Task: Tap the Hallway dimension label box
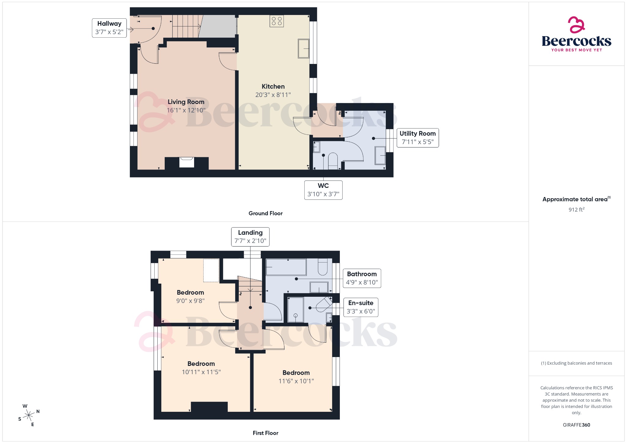[109, 28]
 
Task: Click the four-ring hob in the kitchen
[276, 21]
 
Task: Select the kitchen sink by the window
[303, 48]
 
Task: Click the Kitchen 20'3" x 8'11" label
[273, 91]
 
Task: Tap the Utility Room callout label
[417, 138]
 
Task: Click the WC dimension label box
[323, 190]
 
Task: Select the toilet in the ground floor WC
[333, 161]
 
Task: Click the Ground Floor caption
[265, 213]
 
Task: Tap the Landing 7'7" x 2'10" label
[250, 236]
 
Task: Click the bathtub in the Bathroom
[286, 267]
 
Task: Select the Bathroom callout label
[362, 278]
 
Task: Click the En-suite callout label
[361, 307]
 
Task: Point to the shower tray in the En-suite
[295, 310]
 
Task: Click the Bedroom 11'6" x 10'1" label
[296, 377]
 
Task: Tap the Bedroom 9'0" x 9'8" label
[190, 296]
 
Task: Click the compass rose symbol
[29, 415]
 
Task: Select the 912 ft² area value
[576, 210]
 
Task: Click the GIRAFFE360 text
[576, 425]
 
